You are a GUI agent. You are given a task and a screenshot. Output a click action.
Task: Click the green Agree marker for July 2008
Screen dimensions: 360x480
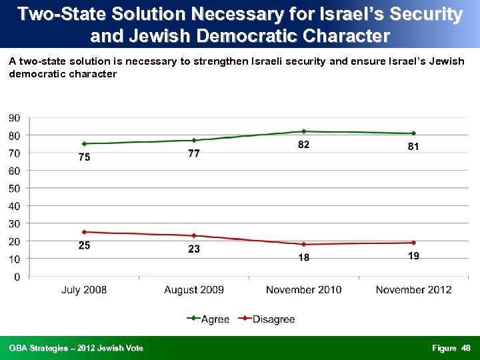click(84, 143)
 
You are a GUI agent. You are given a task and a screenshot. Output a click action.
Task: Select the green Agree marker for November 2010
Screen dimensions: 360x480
click(304, 131)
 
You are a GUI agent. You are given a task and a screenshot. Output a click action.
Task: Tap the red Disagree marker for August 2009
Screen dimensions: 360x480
click(194, 235)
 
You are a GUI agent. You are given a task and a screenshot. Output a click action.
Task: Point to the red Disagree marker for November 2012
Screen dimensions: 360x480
click(413, 243)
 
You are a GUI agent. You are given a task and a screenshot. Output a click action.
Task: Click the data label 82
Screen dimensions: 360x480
click(304, 145)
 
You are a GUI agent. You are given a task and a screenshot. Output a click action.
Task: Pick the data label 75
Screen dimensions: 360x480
click(84, 157)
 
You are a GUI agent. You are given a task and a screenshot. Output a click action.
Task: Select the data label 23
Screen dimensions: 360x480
click(194, 249)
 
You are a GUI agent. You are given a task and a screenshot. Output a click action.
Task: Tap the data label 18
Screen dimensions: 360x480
click(304, 257)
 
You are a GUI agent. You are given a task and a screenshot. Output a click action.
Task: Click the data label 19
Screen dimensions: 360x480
click(413, 256)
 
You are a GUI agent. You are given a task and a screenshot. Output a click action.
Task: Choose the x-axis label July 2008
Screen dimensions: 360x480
click(84, 289)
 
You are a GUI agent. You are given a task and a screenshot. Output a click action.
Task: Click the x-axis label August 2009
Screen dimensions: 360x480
click(194, 289)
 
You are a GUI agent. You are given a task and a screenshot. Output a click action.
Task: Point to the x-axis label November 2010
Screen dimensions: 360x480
click(304, 289)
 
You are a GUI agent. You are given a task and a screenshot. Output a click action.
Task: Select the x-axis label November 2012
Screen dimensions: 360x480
click(413, 289)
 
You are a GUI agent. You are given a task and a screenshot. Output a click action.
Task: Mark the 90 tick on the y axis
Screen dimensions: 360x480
click(14, 118)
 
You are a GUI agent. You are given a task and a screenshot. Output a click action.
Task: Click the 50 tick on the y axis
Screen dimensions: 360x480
click(14, 188)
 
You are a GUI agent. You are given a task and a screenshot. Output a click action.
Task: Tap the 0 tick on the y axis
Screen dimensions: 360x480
click(17, 276)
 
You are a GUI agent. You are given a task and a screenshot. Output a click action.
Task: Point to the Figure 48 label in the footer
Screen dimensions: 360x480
click(451, 348)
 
